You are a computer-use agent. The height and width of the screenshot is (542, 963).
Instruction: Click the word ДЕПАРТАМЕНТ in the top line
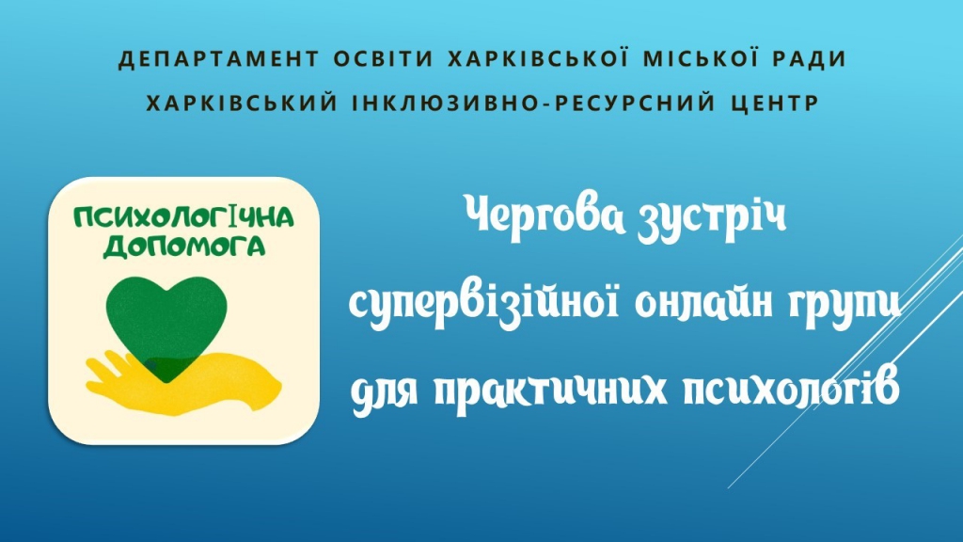pyautogui.click(x=219, y=59)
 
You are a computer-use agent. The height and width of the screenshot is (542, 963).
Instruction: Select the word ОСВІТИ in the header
pyautogui.click(x=384, y=58)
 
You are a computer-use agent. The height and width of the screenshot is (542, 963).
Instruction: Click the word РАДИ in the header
pyautogui.click(x=807, y=58)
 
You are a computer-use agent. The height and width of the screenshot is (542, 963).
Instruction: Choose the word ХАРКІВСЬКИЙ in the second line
pyautogui.click(x=243, y=102)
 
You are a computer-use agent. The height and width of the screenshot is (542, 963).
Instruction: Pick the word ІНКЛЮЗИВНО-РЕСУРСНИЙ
pyautogui.click(x=534, y=103)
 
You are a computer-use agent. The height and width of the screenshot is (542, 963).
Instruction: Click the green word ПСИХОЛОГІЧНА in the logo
pyautogui.click(x=183, y=217)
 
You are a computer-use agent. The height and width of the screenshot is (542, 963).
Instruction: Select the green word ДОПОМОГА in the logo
pyautogui.click(x=184, y=247)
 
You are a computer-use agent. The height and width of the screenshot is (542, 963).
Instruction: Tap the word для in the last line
pyautogui.click(x=385, y=391)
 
